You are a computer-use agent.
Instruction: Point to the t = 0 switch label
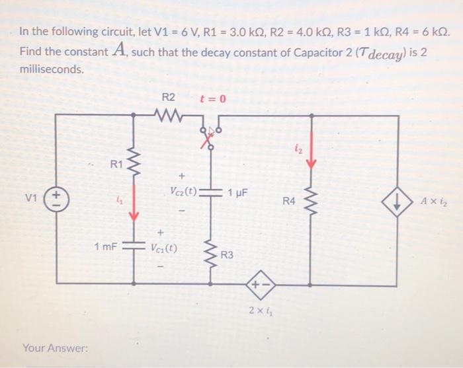pos(213,99)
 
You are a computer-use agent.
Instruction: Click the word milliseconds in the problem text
pos(52,69)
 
